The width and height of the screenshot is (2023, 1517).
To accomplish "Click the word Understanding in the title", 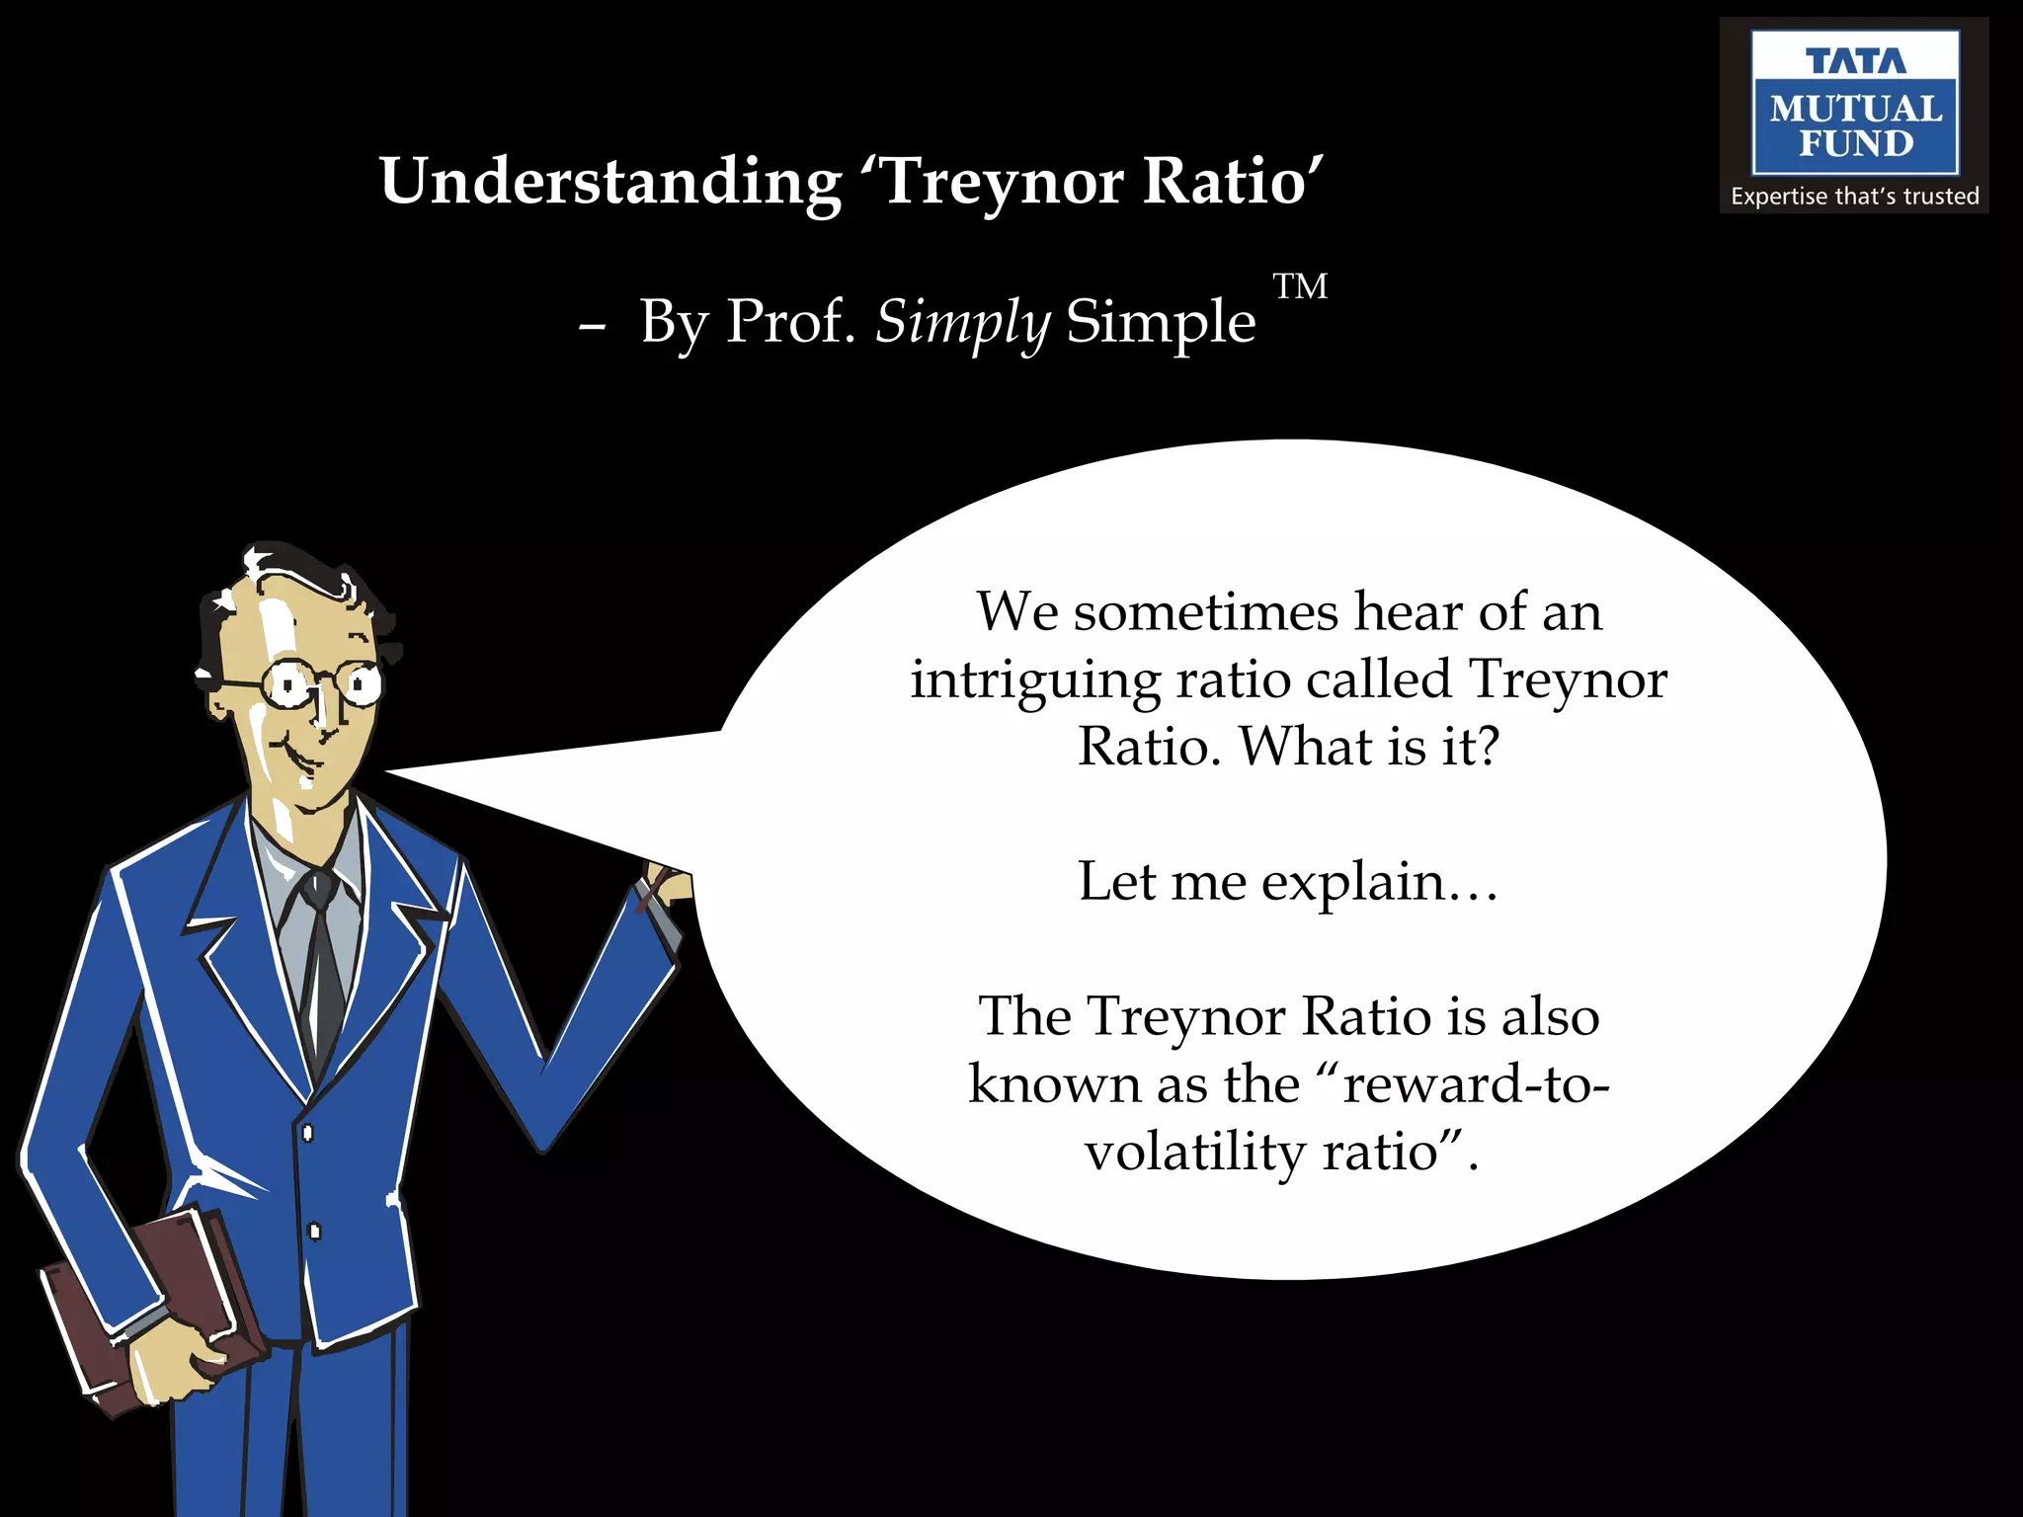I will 610,183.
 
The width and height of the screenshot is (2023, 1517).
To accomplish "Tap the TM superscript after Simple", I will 1300,286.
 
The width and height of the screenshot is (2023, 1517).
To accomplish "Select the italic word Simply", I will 963,322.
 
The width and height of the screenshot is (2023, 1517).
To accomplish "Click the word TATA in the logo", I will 1855,61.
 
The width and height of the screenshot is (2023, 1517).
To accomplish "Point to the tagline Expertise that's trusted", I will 1854,197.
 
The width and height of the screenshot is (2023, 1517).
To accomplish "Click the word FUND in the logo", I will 1855,144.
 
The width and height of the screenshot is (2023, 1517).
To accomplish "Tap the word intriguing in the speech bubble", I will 1034,681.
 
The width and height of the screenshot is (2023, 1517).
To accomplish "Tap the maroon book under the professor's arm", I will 148,1304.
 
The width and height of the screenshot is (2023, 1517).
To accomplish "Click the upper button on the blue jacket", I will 307,1132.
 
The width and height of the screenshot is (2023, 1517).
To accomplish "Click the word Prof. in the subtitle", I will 790,322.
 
